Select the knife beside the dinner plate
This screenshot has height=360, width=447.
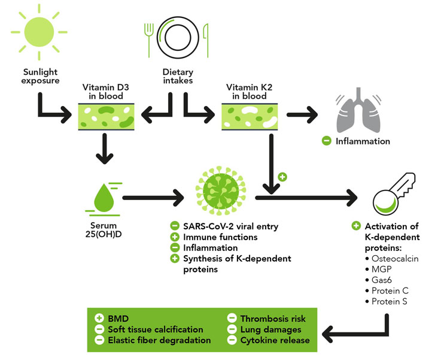pos(205,37)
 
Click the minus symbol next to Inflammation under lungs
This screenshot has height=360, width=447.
pos(327,141)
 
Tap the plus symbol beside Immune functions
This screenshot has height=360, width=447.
pos(175,237)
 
